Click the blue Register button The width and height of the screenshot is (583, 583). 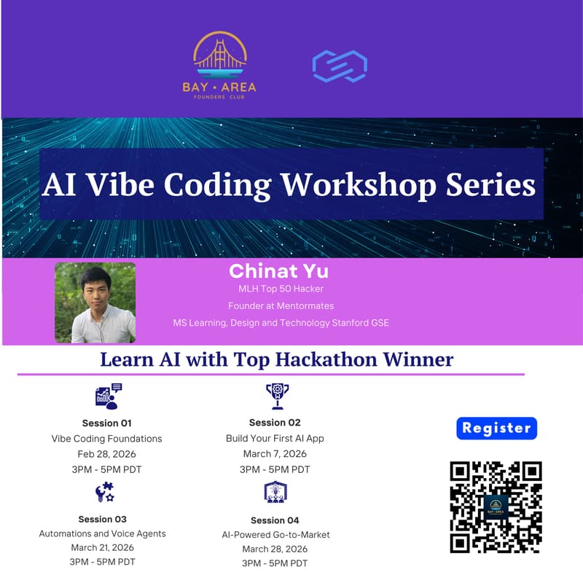[x=496, y=428]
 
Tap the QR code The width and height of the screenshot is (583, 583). [x=496, y=506]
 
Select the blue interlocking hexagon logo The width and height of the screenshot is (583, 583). [x=339, y=66]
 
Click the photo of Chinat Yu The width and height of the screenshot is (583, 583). [x=95, y=302]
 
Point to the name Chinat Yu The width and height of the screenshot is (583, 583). [x=279, y=271]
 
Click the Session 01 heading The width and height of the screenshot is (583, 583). [x=106, y=423]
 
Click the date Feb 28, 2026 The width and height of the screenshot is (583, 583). [x=106, y=454]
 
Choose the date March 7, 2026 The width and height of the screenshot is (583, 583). [x=275, y=454]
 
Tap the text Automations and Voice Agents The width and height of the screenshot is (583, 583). [x=102, y=533]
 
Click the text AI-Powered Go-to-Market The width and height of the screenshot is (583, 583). [x=275, y=534]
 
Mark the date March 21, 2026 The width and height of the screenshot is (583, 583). [x=102, y=547]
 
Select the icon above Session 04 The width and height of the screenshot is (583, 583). [x=275, y=493]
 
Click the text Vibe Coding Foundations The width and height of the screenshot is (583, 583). [x=106, y=439]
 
